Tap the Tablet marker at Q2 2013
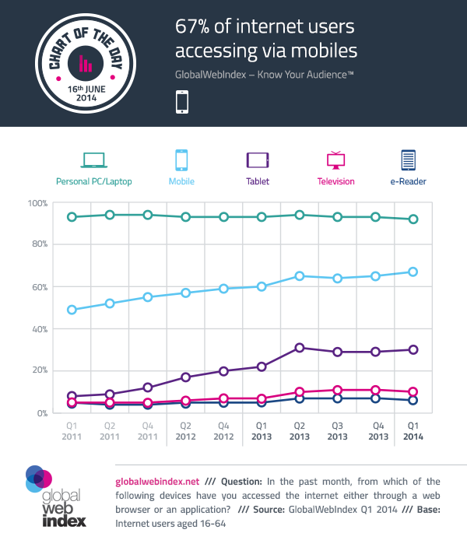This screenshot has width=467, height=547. [299, 348]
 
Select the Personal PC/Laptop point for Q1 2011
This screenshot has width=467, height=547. [72, 217]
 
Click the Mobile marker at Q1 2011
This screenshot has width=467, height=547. [72, 310]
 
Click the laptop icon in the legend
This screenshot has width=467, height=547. [93, 160]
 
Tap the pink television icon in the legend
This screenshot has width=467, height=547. [335, 160]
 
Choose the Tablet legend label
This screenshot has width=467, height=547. [258, 181]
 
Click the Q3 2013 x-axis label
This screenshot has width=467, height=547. [337, 432]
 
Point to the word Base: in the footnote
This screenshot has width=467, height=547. [424, 510]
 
